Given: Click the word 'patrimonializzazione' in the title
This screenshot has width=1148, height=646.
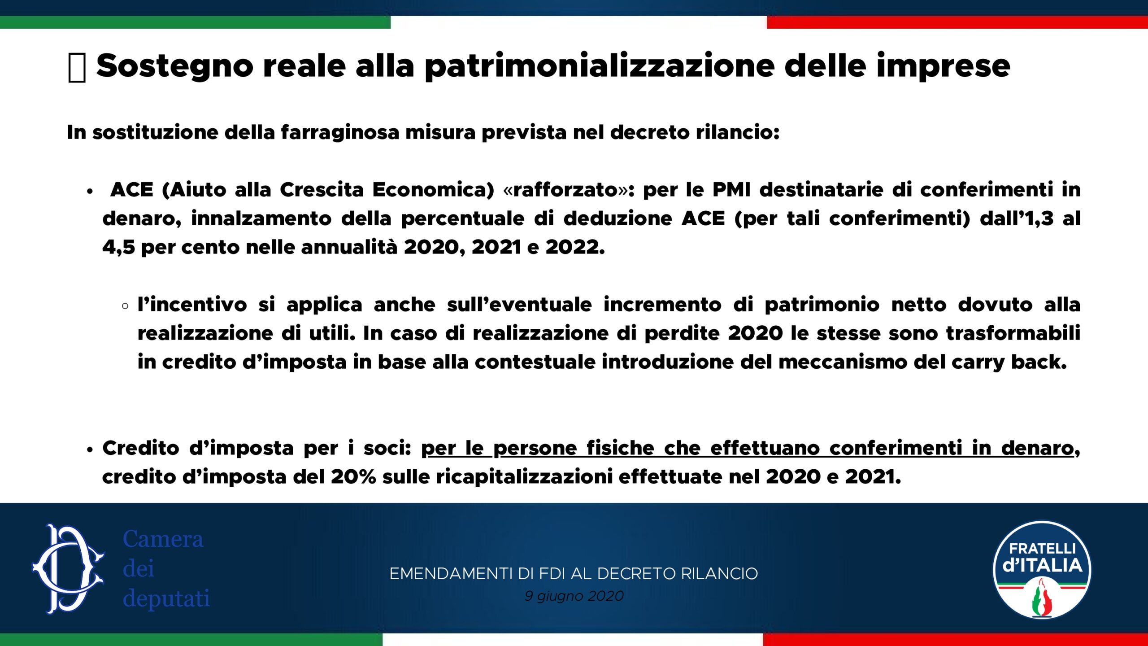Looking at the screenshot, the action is coord(600,66).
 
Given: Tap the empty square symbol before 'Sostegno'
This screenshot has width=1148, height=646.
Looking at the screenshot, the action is coord(77,67).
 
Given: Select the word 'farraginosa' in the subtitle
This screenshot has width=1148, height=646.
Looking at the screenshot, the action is coord(340,133).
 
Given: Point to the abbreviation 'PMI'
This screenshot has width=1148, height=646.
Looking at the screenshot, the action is coord(731,190).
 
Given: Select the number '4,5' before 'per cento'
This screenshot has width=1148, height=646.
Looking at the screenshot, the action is coord(118,247).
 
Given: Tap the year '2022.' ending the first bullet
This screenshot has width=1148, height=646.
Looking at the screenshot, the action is coord(575,247).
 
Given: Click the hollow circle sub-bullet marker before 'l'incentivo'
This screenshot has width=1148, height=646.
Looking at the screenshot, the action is coord(125,306).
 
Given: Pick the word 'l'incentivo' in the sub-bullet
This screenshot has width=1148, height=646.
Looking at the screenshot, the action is coord(192,305).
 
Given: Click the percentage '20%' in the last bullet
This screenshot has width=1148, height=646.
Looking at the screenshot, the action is coord(353,477).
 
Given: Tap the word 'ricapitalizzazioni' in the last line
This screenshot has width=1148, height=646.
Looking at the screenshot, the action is coord(524,477).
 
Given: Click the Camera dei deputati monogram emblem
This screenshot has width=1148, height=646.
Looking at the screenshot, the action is coord(68,569).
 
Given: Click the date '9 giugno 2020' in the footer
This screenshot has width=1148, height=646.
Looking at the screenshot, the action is coord(574,596).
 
